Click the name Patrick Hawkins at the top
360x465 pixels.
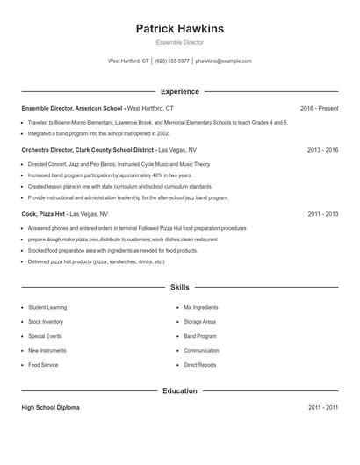179,29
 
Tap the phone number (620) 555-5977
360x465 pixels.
172,61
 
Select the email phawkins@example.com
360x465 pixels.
223,61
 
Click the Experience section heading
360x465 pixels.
179,91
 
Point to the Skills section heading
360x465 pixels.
179,287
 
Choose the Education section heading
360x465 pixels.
179,390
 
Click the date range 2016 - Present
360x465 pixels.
319,108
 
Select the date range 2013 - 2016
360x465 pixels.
322,150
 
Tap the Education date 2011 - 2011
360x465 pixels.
322,408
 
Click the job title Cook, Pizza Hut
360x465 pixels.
43,213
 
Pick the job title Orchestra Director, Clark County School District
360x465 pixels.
88,150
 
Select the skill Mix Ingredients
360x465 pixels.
201,308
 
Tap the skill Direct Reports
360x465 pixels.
199,364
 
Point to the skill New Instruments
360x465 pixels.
47,350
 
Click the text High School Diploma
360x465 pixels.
51,408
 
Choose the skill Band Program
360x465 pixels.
200,336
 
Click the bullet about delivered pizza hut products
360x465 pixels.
96,261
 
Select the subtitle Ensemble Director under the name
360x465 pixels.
179,43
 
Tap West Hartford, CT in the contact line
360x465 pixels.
128,61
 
